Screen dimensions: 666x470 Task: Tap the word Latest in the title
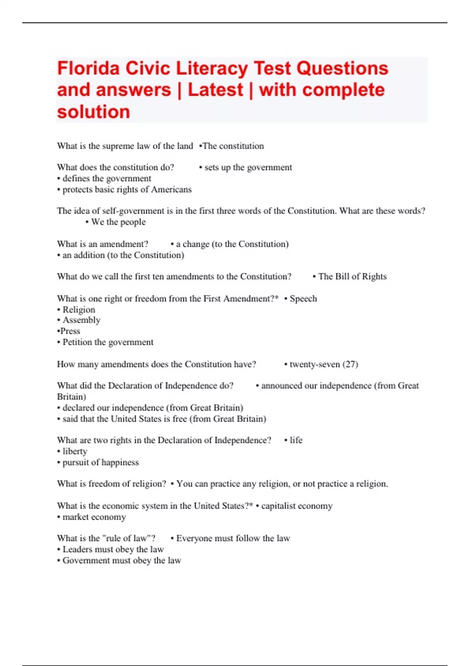point(215,90)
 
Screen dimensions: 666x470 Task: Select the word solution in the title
point(93,112)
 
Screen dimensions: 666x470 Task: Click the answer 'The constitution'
point(233,146)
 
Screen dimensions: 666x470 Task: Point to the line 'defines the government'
point(107,179)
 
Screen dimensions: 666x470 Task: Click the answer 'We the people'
point(118,222)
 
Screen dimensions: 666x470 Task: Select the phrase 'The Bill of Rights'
point(352,277)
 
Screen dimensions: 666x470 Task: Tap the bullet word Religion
point(79,310)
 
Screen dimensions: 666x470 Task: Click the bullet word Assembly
point(81,320)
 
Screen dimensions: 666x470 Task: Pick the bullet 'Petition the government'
point(108,342)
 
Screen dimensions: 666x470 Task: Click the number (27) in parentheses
point(350,364)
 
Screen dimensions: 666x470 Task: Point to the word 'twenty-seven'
point(315,364)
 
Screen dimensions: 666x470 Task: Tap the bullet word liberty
point(75,451)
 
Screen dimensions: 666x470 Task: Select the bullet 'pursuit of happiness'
point(100,463)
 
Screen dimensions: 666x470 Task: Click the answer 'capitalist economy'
point(296,506)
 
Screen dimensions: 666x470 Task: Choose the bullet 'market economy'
point(94,517)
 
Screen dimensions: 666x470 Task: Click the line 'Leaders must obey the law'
point(113,549)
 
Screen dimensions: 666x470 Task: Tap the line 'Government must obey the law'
point(121,561)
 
